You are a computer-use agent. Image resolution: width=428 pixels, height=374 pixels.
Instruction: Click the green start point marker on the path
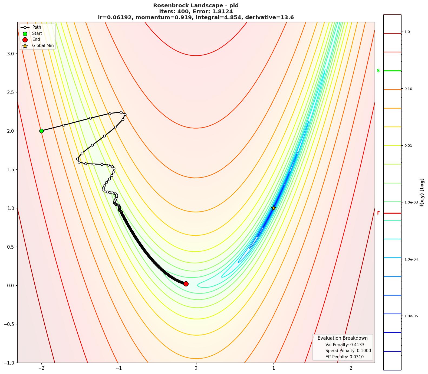coord(41,131)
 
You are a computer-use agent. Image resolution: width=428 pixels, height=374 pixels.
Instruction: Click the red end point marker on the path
coord(186,284)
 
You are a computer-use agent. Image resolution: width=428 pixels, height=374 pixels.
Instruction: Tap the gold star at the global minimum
coord(274,208)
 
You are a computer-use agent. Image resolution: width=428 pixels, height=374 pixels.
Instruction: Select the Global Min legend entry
coord(43,46)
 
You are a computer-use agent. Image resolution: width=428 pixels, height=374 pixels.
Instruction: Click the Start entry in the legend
coord(37,34)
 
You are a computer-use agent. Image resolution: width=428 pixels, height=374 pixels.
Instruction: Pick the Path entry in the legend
coord(37,27)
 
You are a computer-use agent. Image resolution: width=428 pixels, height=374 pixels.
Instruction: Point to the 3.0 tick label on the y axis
coord(10,54)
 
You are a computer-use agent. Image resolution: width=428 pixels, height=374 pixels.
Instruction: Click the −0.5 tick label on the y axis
coord(9,324)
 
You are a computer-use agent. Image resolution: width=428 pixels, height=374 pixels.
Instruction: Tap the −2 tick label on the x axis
coord(41,368)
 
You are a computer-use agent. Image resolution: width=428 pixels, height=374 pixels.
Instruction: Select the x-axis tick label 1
coord(274,368)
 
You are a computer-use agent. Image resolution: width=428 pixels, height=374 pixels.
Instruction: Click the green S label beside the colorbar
coord(378,71)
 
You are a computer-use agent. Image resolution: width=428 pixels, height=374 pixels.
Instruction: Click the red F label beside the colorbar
coord(378,213)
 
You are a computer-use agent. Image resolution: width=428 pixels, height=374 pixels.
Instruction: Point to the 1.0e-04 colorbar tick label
coord(411,259)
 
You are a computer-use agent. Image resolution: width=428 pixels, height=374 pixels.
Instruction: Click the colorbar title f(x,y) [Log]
coord(422,192)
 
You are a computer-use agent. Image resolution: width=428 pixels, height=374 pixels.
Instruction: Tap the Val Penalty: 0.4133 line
coord(345,345)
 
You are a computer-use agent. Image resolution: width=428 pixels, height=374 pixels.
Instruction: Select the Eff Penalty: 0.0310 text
coord(344,357)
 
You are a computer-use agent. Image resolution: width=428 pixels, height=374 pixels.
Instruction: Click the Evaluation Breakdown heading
coord(343,338)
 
